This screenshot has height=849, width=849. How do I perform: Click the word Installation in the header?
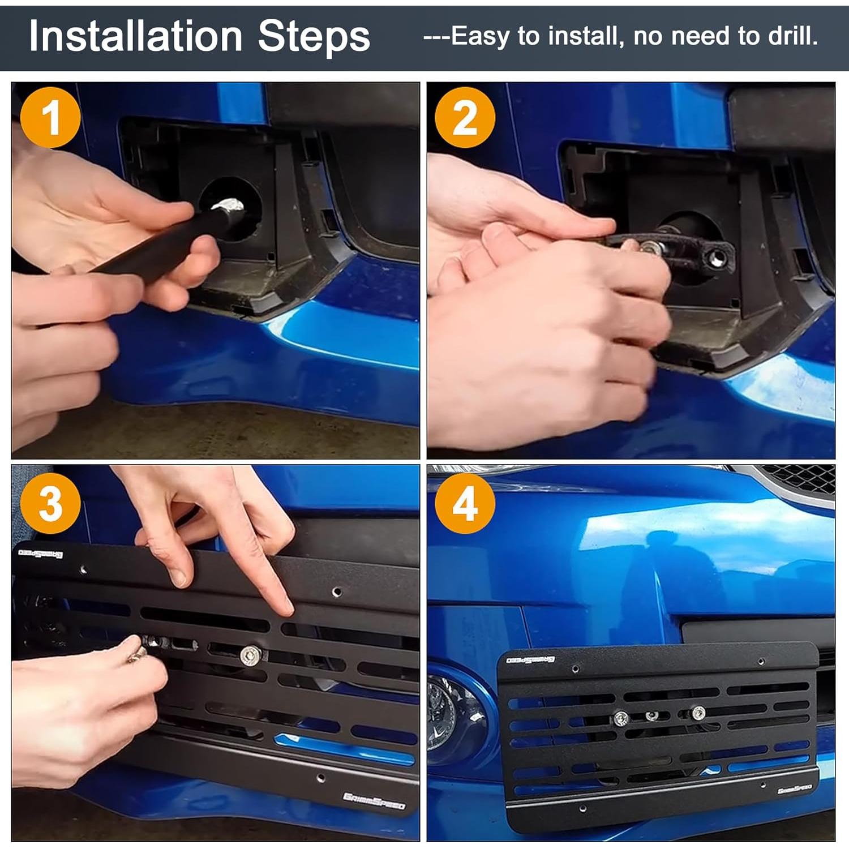click(x=135, y=36)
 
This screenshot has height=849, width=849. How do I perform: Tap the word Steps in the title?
click(x=314, y=36)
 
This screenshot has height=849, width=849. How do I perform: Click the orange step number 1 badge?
click(x=50, y=118)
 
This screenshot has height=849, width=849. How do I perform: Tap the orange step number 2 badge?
click(x=465, y=118)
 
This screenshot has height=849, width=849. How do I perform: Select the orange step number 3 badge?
click(x=50, y=504)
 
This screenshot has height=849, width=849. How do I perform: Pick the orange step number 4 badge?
click(x=465, y=504)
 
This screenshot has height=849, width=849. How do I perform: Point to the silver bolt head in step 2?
click(x=651, y=247)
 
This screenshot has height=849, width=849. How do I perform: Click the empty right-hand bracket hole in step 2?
click(x=717, y=258)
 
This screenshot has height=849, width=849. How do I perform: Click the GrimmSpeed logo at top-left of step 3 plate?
click(x=41, y=553)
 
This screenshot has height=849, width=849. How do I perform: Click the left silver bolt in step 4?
click(x=621, y=718)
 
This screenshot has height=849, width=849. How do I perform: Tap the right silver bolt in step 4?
click(x=698, y=713)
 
